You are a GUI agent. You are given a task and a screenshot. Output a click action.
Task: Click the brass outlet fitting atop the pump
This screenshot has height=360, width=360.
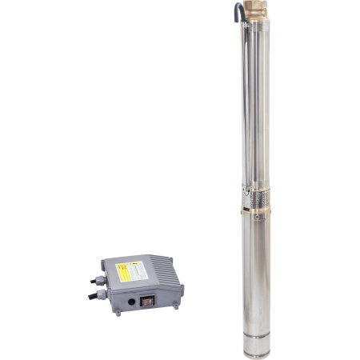[258, 14]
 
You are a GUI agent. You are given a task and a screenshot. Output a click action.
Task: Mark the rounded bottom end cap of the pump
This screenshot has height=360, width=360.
[258, 349]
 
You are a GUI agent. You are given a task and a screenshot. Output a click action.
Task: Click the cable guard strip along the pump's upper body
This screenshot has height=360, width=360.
[246, 104]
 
